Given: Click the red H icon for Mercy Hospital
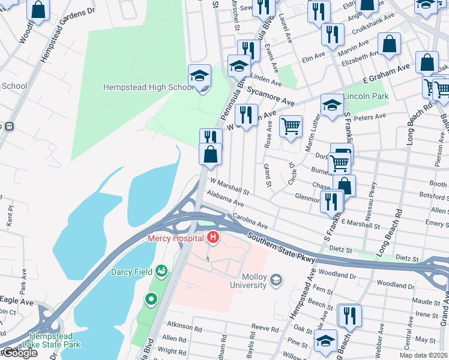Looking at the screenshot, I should pyautogui.click(x=212, y=239).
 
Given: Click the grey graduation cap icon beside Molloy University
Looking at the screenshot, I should pyautogui.click(x=276, y=280).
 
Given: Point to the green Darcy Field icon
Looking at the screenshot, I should pyautogui.click(x=161, y=272).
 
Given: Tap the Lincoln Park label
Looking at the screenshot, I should pyautogui.click(x=366, y=96).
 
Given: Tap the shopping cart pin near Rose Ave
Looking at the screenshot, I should pyautogui.click(x=291, y=126).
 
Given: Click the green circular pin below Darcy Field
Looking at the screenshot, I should pyautogui.click(x=151, y=298).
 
